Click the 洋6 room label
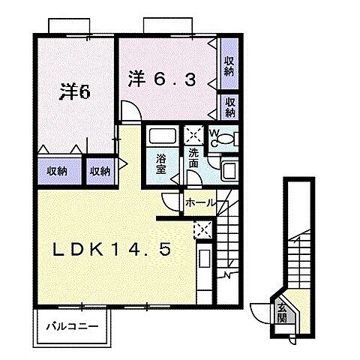[75, 93]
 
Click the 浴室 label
[161, 163]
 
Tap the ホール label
[200, 203]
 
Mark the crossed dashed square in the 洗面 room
[194, 135]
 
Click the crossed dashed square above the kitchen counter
[201, 230]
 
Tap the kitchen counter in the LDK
[203, 266]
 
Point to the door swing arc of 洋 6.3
[130, 111]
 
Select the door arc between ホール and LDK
[172, 201]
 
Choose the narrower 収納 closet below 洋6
[100, 171]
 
